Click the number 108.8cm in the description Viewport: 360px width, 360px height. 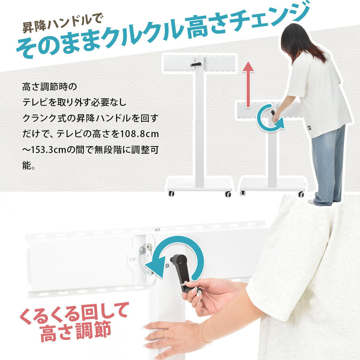pos(139,134)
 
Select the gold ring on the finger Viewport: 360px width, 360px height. pos(163,334)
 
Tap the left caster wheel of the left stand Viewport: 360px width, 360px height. pos(171,193)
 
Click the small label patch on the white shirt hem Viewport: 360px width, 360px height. pos(309,128)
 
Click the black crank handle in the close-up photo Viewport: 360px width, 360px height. pos(185,274)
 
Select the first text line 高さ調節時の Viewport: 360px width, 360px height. pos(49,87)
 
